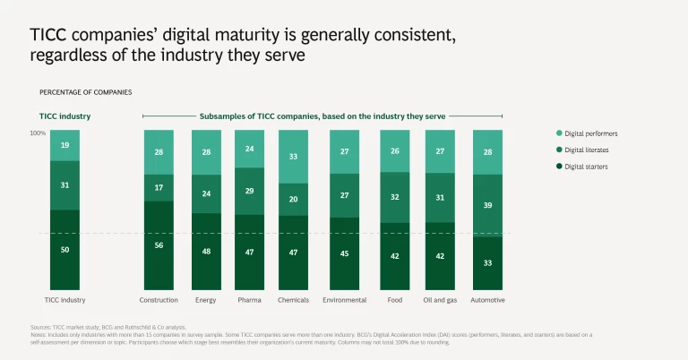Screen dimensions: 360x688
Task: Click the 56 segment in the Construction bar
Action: point(159,244)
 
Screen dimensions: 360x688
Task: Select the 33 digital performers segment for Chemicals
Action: point(293,156)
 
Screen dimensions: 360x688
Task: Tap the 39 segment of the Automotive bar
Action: point(487,205)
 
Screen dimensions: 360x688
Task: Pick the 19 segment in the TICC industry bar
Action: point(64,145)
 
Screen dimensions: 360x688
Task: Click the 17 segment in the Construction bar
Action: point(159,187)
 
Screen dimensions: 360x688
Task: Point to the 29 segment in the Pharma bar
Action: point(250,191)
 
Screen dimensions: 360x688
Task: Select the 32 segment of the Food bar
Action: point(395,197)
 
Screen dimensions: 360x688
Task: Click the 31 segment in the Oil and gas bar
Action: point(440,197)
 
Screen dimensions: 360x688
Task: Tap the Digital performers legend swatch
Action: point(557,133)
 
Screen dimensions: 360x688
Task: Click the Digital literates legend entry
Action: point(586,150)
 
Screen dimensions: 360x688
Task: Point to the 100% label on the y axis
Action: point(38,133)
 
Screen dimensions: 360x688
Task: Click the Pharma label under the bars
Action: point(249,300)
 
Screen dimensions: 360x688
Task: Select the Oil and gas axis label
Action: point(440,300)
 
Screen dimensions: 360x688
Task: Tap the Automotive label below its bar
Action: point(487,300)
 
